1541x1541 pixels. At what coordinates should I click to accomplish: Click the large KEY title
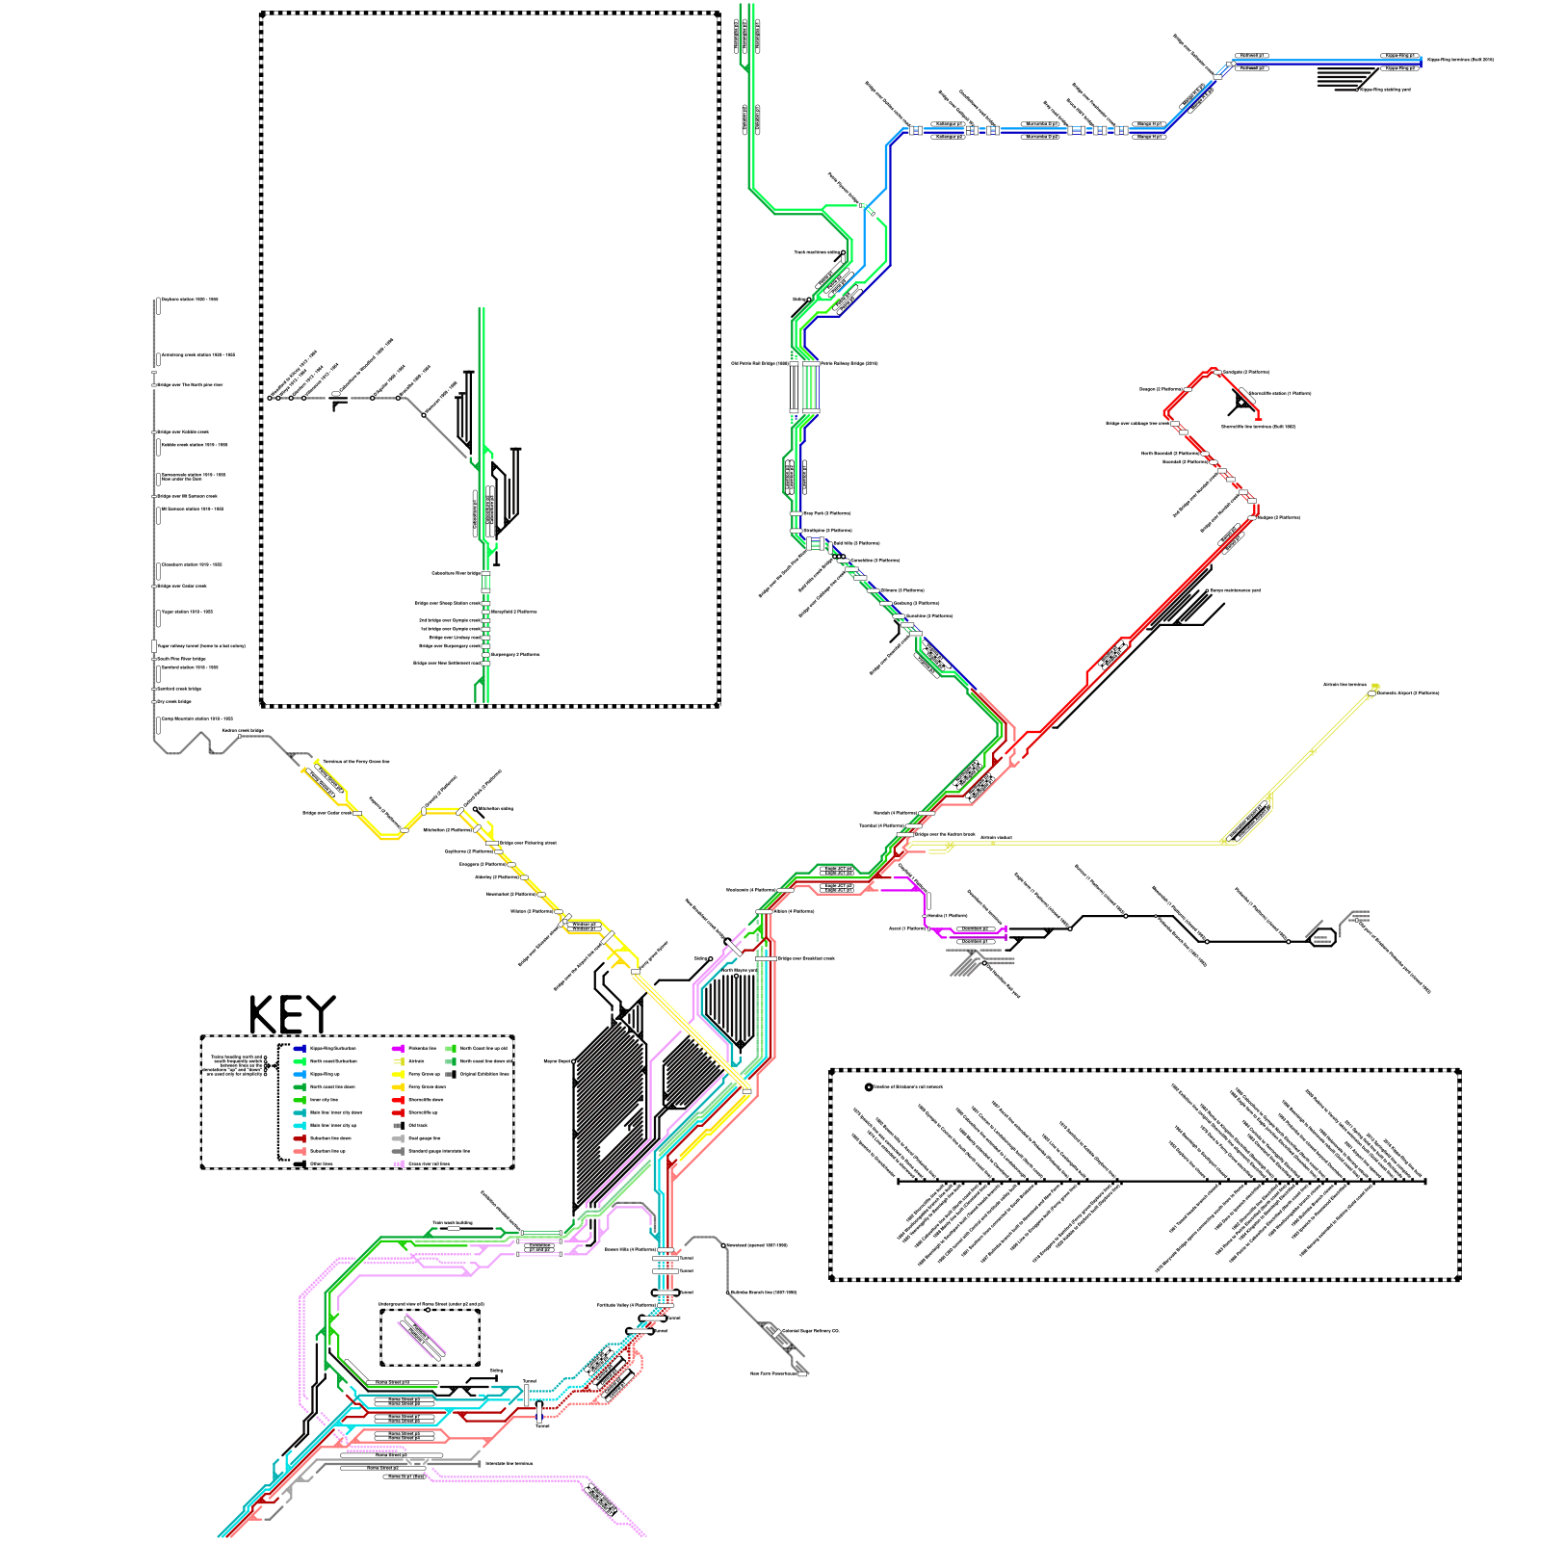point(292,1015)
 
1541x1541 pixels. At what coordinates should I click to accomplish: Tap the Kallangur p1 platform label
point(949,124)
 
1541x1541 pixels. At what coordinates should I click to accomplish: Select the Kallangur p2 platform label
point(949,137)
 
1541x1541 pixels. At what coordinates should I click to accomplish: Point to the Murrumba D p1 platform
point(1040,124)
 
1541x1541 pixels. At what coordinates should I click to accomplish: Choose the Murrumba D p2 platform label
point(1040,137)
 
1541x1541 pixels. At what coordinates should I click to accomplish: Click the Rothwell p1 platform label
point(1250,56)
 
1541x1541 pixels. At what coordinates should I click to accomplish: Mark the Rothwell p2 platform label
point(1250,68)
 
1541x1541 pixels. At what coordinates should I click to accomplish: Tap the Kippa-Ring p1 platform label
point(1399,56)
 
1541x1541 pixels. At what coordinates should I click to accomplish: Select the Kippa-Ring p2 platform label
point(1399,68)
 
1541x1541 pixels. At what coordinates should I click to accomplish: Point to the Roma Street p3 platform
point(391,1455)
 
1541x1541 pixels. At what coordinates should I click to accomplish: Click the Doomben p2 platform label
point(974,928)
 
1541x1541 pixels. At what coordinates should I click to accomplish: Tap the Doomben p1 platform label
point(974,941)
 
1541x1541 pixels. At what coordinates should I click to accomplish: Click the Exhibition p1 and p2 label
point(539,1247)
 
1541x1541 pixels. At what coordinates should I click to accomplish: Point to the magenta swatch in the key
point(398,1048)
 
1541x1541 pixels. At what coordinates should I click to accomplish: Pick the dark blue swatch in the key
point(299,1048)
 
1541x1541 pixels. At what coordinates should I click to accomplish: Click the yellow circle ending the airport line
point(1375,687)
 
